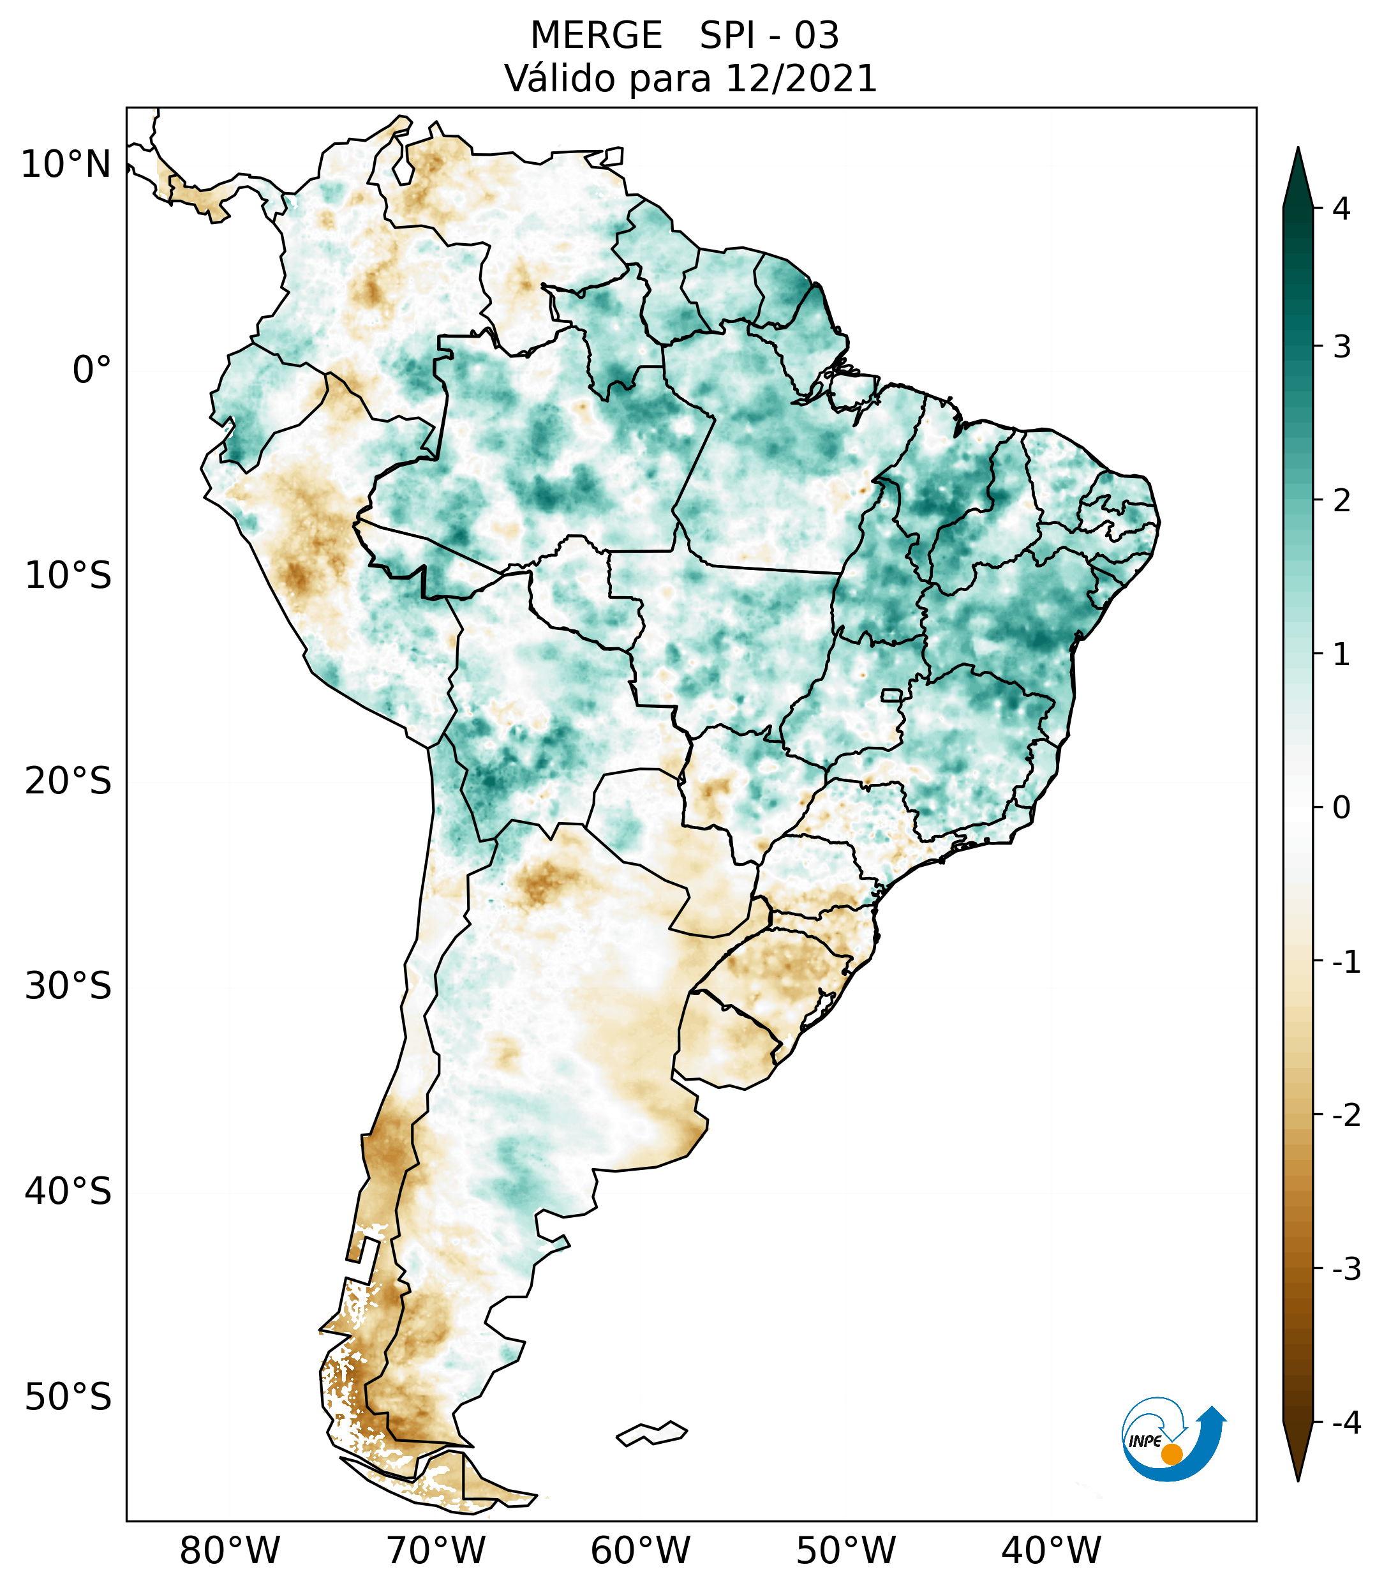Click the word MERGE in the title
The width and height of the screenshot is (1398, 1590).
coord(597,36)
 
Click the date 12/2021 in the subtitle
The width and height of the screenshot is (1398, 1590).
coord(801,79)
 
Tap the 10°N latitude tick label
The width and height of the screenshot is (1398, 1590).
coord(66,165)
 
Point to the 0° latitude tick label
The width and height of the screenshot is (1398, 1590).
coord(92,370)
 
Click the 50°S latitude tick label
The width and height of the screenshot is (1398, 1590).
coord(68,1397)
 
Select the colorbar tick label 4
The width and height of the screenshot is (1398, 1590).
coord(1341,209)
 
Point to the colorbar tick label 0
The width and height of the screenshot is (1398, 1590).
coord(1341,808)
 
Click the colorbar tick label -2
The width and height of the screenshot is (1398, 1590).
coord(1346,1116)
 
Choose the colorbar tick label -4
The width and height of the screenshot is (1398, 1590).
coord(1346,1423)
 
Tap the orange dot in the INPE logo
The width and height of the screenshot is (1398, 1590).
coord(1171,1454)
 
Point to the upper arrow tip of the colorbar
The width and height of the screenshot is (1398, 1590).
coord(1298,149)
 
